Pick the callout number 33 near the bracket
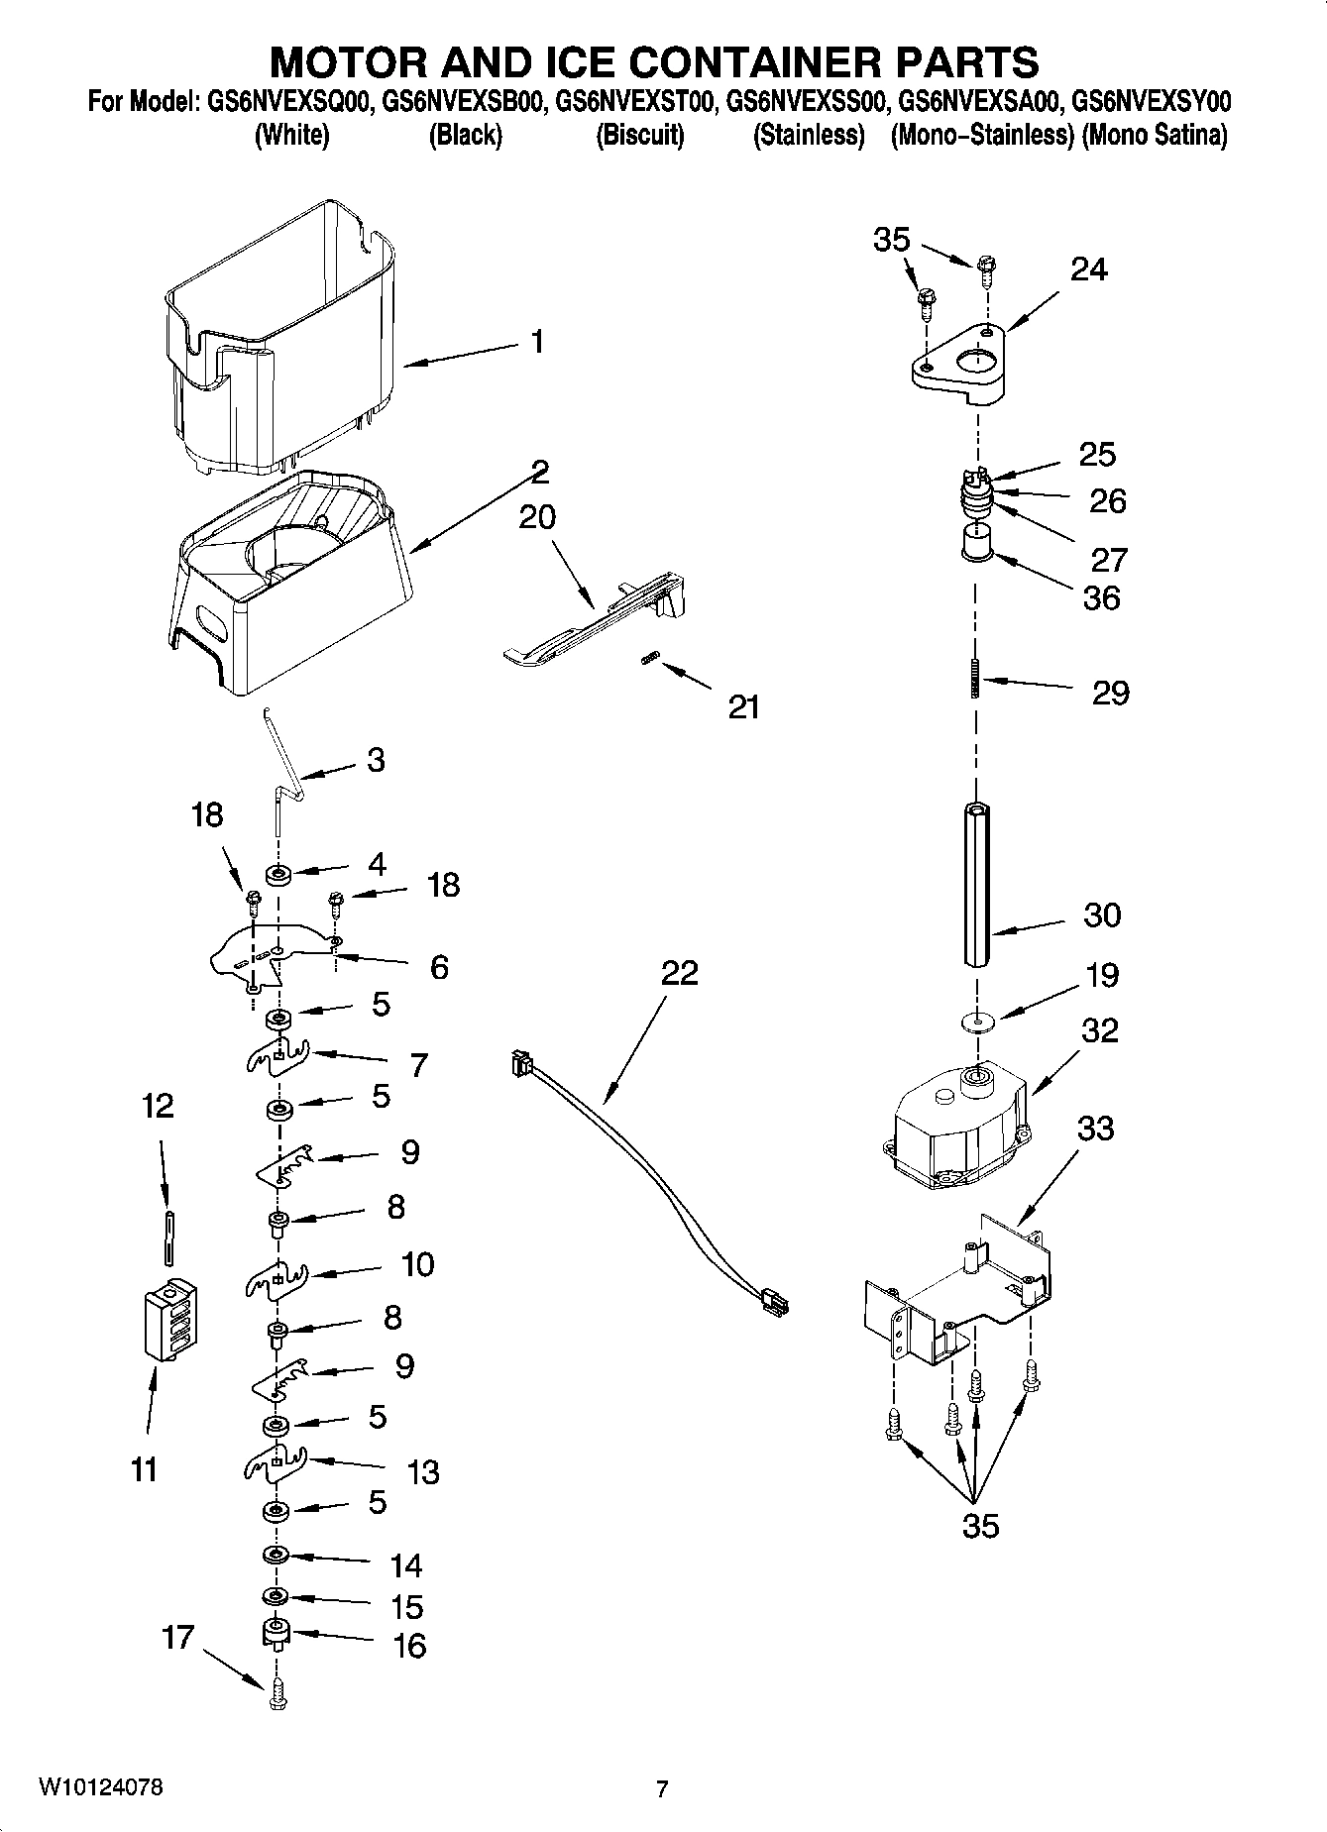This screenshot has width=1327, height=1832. point(1095,1128)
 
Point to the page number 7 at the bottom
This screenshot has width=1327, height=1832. point(662,1788)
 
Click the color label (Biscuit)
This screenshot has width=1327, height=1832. point(639,136)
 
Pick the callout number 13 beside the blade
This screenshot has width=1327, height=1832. point(422,1471)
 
